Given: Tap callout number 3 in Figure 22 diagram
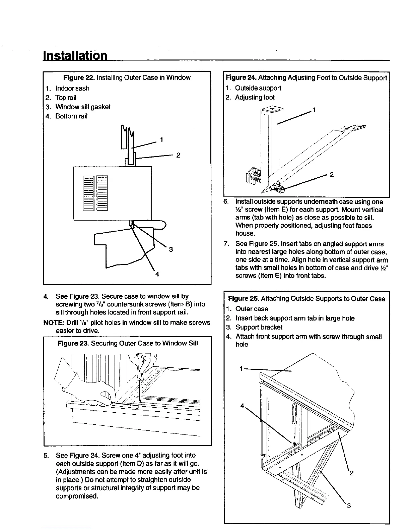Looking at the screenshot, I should pos(171,249).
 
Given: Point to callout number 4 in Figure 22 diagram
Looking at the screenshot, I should pos(157,274).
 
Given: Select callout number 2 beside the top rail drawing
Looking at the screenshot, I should pos(178,155).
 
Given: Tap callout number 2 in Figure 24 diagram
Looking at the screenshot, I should pos(331,174).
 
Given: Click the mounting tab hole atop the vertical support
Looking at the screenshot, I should pos(272,109).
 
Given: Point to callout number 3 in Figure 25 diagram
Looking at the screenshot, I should pos(349,506).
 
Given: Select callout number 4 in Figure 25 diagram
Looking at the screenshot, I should pos(242,406).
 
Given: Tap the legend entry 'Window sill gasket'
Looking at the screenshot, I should pos(83,107).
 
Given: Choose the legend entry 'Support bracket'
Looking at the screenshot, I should pos(259,327).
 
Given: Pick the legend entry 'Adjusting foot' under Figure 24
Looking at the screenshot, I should pos(255,98).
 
